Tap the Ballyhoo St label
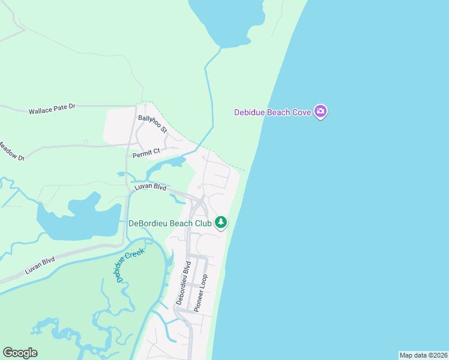(x=152, y=124)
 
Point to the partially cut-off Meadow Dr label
(x=11, y=151)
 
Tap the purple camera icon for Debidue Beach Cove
(x=321, y=112)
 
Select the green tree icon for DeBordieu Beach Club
(x=221, y=223)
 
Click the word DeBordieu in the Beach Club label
(x=151, y=223)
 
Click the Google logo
(x=20, y=353)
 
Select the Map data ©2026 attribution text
(x=423, y=355)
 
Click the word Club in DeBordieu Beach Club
(x=203, y=223)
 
